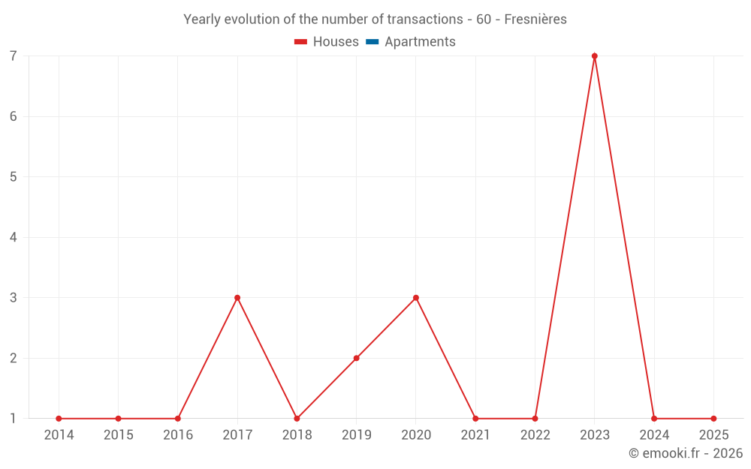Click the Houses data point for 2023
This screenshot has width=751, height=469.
tap(594, 56)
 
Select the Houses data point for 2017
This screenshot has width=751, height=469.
tap(237, 298)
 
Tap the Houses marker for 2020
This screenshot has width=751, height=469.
tap(416, 298)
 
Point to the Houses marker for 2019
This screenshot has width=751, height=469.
tap(356, 358)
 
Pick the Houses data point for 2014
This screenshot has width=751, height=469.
tap(59, 419)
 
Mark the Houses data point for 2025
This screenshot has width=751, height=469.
tap(713, 419)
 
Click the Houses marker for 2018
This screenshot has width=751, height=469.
tap(297, 419)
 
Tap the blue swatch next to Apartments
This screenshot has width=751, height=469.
tap(372, 42)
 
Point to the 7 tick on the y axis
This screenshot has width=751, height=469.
tap(14, 56)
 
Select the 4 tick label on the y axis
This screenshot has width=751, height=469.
tap(14, 237)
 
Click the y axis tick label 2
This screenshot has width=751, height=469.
tap(14, 358)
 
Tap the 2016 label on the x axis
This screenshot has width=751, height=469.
tap(178, 435)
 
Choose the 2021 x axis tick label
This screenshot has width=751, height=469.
tap(475, 435)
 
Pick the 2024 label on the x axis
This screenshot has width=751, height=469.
tap(654, 435)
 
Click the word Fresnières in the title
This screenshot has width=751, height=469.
tap(535, 20)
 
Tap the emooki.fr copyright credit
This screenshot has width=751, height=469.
tap(686, 453)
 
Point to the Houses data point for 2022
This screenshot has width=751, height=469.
tap(535, 419)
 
